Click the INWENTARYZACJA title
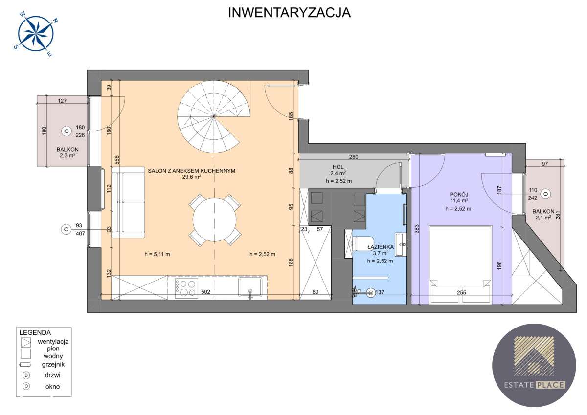coord(290,13)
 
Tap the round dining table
coord(215,219)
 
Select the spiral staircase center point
coord(214,116)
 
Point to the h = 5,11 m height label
coord(157,254)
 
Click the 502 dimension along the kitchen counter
coord(205,292)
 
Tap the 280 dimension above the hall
coord(354,157)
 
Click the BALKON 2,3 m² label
coord(66,153)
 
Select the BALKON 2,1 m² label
coord(544,215)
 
